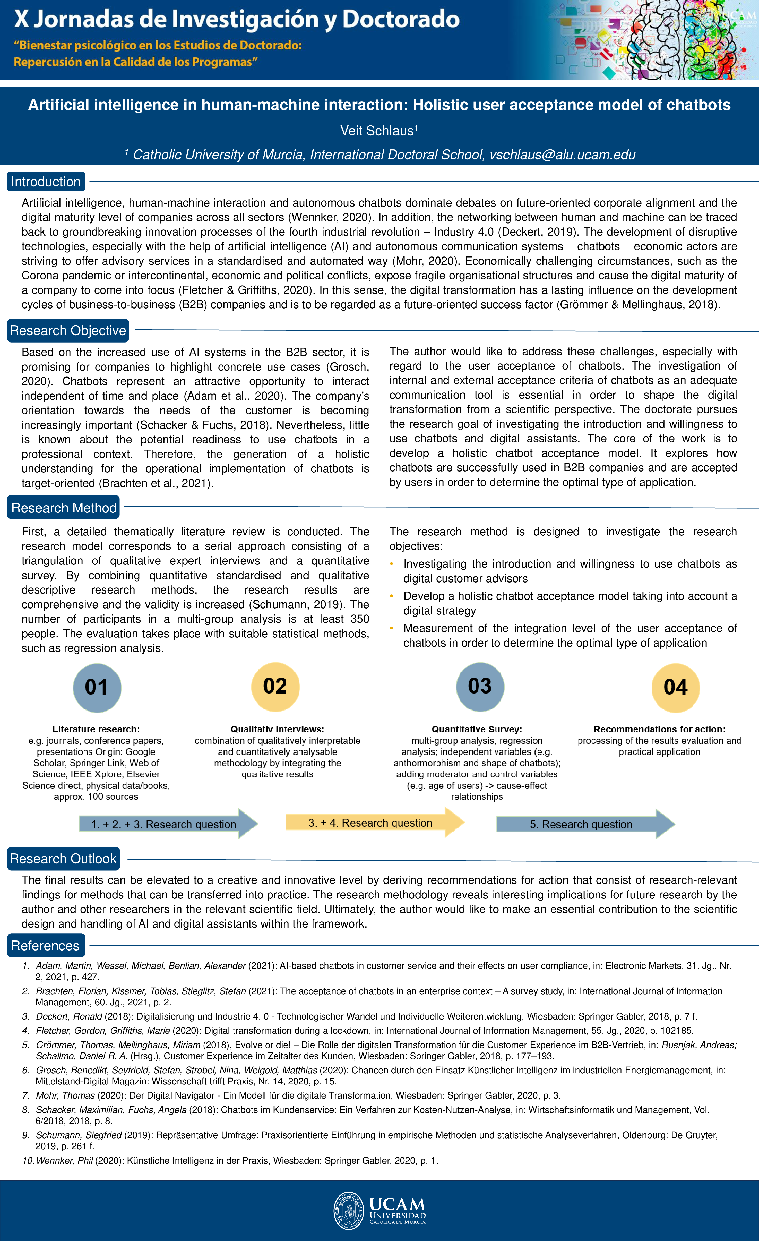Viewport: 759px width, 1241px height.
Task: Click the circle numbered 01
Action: click(97, 688)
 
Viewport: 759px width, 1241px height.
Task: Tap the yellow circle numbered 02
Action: click(275, 687)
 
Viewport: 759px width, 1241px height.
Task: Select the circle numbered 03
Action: click(480, 687)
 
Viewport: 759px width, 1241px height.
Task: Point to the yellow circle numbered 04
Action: click(675, 688)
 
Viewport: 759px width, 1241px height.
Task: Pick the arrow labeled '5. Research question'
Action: click(584, 824)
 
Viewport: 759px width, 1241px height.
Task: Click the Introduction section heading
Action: click(46, 182)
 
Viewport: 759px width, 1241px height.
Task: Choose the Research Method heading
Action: click(64, 508)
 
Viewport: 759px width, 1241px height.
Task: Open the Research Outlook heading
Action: click(63, 859)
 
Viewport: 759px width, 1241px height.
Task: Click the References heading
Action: click(45, 946)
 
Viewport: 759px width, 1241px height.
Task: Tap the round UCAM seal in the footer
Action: click(349, 1210)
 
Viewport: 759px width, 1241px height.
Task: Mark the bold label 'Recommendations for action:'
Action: click(659, 729)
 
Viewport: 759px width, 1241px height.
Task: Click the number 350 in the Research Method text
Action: click(360, 619)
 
